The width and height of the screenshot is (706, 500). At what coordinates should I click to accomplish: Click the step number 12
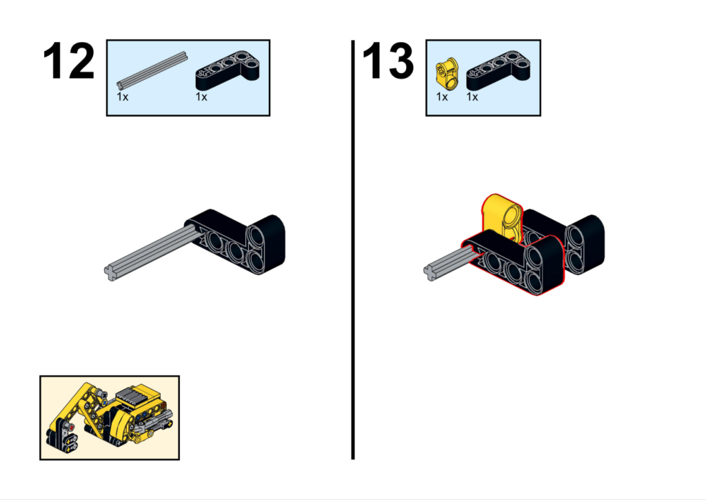(68, 61)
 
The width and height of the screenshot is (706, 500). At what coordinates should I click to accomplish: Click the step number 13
(387, 61)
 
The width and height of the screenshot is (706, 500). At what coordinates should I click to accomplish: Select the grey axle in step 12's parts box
(152, 70)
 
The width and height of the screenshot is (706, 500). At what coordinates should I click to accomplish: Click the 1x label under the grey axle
(123, 97)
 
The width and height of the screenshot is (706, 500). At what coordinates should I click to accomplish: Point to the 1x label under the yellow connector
(442, 97)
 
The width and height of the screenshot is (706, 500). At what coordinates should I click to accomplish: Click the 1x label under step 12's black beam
(201, 97)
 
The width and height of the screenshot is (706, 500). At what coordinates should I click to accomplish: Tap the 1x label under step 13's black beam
(472, 97)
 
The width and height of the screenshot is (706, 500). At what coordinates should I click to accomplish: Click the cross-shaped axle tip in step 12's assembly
(111, 272)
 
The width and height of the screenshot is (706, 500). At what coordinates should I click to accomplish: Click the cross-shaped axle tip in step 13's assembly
(430, 272)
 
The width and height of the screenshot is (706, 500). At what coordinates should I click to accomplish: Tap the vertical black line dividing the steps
(353, 250)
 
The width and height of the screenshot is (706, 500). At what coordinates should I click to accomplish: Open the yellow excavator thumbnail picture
(110, 417)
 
